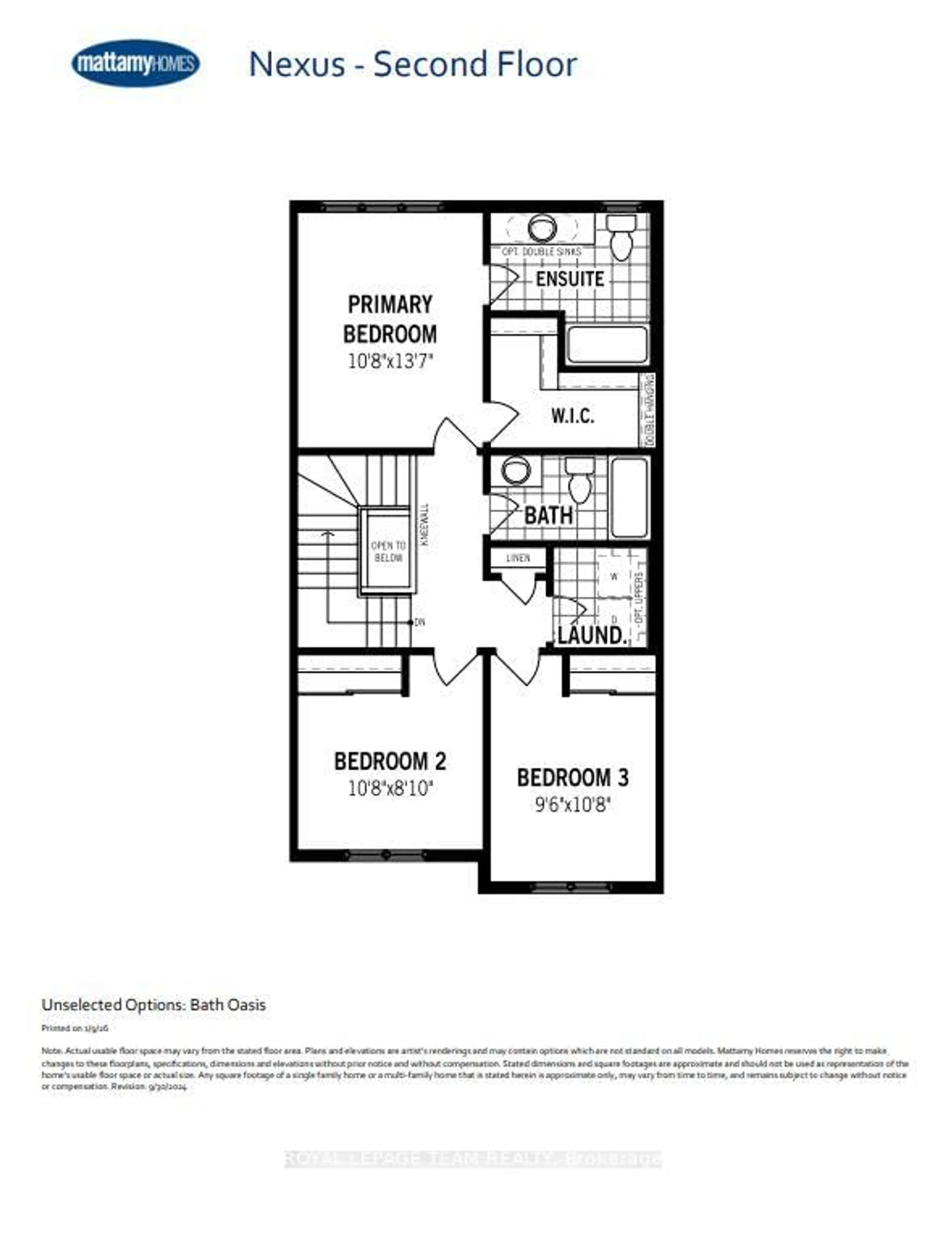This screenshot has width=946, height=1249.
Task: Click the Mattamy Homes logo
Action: tap(135, 63)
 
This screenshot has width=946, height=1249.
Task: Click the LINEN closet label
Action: tap(518, 558)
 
